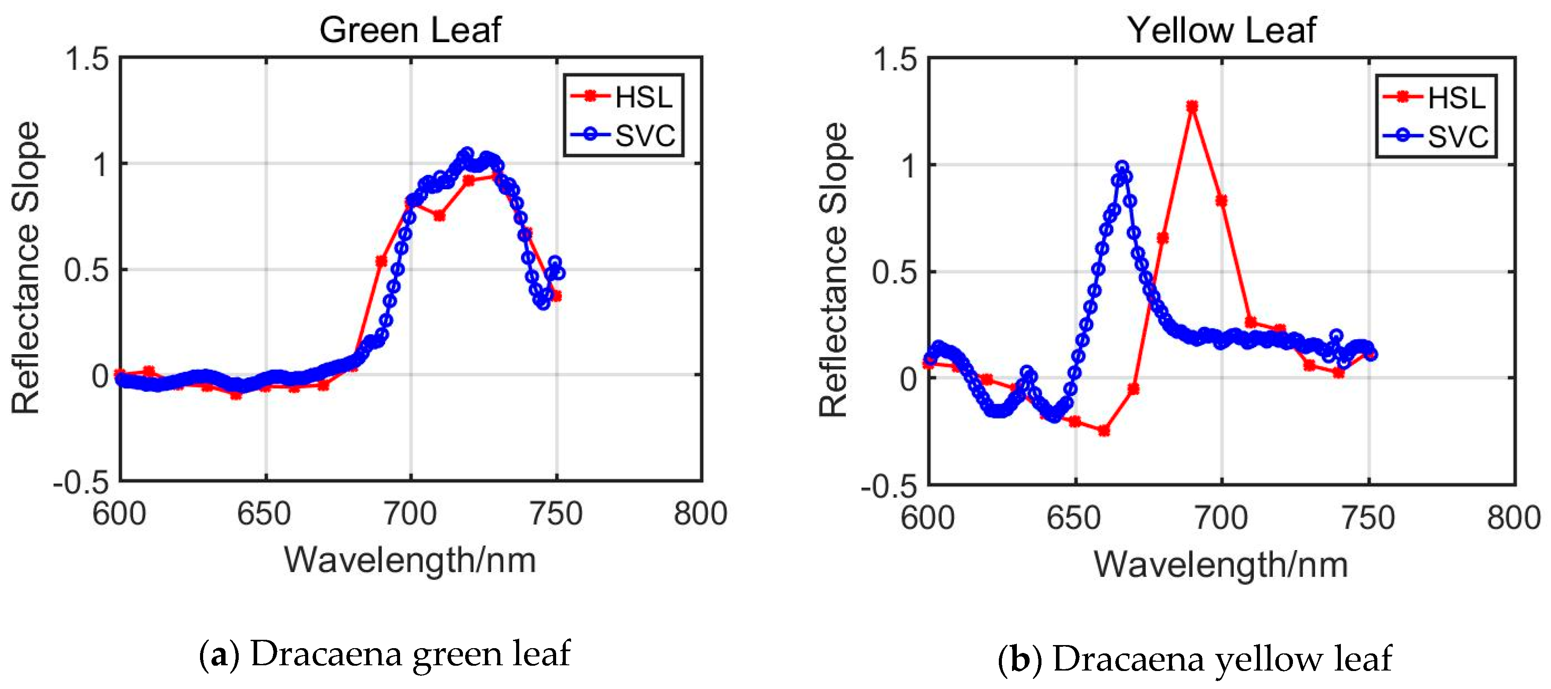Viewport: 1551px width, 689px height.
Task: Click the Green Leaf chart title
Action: (x=410, y=30)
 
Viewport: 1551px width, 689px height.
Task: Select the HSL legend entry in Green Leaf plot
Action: (x=624, y=97)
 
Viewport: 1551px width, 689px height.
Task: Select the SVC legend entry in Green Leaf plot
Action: (x=624, y=135)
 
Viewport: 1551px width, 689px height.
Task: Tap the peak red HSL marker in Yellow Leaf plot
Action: (x=1191, y=106)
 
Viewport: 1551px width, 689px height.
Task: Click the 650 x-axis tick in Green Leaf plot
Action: (x=264, y=514)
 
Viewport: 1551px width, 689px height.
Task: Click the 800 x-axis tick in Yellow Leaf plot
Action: (x=1513, y=518)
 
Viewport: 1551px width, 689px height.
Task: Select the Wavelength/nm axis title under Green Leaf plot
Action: (x=410, y=560)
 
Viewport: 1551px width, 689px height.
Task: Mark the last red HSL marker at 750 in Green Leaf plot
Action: (x=556, y=296)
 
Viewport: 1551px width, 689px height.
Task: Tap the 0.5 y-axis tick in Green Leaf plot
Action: (x=87, y=270)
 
